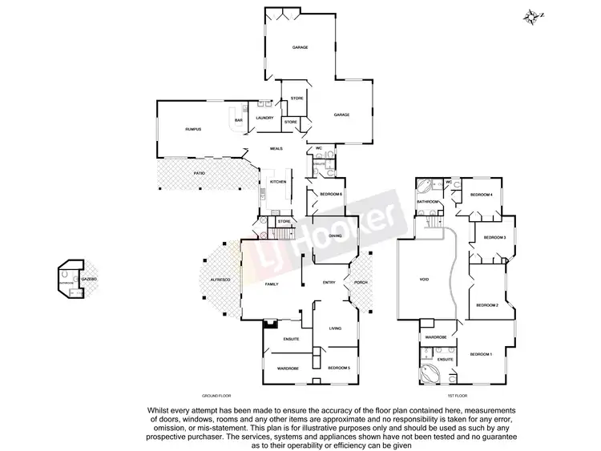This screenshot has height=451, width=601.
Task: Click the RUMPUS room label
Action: pyautogui.click(x=192, y=129)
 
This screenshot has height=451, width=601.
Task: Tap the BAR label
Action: pyautogui.click(x=238, y=121)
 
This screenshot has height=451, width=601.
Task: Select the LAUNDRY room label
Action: pyautogui.click(x=264, y=119)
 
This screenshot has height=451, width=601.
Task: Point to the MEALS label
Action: pyautogui.click(x=276, y=148)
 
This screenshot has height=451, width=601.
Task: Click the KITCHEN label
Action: pyautogui.click(x=277, y=182)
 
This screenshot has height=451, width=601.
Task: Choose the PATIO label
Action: pyautogui.click(x=200, y=172)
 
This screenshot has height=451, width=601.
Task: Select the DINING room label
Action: pyautogui.click(x=335, y=236)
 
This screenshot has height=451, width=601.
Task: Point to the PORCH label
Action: pyautogui.click(x=359, y=283)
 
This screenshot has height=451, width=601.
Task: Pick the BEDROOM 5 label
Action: pyautogui.click(x=339, y=368)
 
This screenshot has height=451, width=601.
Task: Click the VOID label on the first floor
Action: pyautogui.click(x=424, y=280)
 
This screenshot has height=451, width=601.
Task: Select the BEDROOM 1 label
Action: pyautogui.click(x=482, y=353)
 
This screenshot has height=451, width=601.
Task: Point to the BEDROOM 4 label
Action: pyautogui.click(x=481, y=195)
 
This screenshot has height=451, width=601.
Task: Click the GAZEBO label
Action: pyautogui.click(x=91, y=278)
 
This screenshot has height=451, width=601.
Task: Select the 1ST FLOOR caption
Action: pyautogui.click(x=458, y=396)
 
